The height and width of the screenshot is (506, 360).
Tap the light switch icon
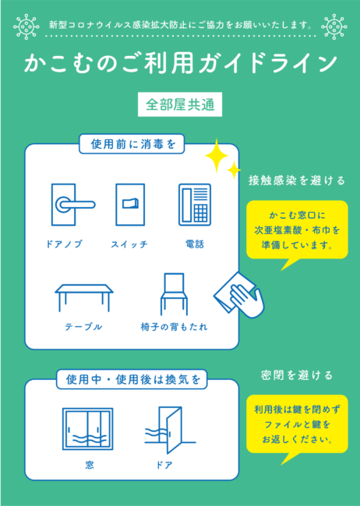click(130, 205)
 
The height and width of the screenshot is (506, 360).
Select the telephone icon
click(195, 205)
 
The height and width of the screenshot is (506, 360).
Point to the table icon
click(84, 297)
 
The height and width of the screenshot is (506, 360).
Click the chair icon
click(175, 294)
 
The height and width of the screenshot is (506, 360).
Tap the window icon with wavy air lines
click(87, 429)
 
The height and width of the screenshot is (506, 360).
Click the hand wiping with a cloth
click(239, 295)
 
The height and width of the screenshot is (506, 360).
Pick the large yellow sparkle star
click(217, 156)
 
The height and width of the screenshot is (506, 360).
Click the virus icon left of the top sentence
click(26, 26)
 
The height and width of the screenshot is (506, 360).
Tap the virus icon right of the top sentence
click(334, 26)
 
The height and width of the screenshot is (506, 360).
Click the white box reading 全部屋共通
click(180, 104)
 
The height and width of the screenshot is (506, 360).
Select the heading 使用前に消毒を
click(132, 144)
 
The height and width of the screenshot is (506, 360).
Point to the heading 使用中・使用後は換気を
click(132, 379)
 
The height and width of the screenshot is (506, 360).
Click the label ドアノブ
click(65, 244)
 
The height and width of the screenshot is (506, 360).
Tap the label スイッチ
click(129, 244)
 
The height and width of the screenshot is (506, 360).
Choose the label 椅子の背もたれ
click(175, 327)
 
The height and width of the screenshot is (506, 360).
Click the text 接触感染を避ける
click(297, 181)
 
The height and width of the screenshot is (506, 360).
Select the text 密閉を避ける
click(297, 375)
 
